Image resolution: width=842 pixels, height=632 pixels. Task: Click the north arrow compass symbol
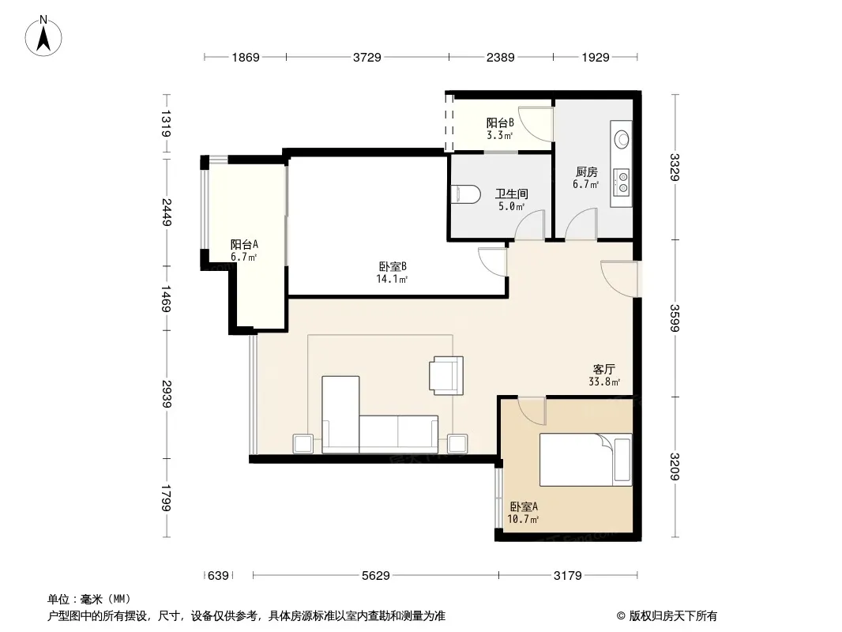click(x=43, y=36)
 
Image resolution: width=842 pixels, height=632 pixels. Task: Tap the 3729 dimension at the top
click(x=366, y=57)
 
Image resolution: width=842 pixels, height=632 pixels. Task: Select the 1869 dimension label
click(x=246, y=57)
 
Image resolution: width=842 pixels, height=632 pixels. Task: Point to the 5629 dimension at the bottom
click(x=375, y=576)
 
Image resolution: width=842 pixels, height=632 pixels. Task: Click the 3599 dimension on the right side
click(x=675, y=318)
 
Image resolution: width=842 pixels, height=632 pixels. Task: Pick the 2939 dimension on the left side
click(x=167, y=394)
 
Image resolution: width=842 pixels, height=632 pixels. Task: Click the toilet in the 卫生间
click(x=465, y=194)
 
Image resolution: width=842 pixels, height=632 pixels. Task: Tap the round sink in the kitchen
click(x=622, y=139)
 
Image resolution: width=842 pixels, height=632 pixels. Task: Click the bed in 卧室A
click(x=585, y=460)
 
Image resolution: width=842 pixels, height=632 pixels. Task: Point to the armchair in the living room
click(x=445, y=375)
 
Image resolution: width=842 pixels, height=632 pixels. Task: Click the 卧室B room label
click(x=393, y=266)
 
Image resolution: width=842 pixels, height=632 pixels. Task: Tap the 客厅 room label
click(x=604, y=370)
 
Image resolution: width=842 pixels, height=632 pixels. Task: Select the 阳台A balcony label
click(x=244, y=245)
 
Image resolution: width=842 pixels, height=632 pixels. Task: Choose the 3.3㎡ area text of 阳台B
click(x=499, y=135)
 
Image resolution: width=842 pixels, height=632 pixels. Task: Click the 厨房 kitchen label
click(x=586, y=172)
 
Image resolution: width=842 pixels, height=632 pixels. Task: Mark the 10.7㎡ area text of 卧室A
click(x=523, y=519)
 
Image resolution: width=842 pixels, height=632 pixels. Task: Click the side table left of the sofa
click(x=303, y=443)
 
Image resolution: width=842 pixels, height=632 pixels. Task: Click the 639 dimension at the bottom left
click(x=218, y=576)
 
